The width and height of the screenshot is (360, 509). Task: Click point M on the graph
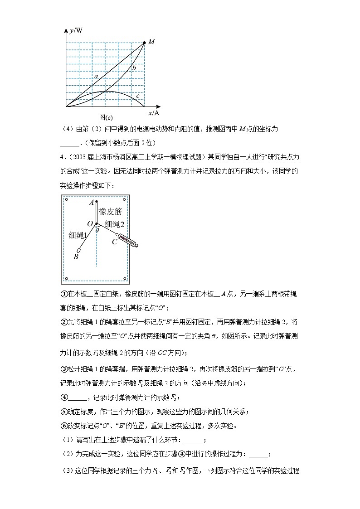(x=144, y=43)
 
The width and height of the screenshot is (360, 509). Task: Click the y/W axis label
(x=76, y=30)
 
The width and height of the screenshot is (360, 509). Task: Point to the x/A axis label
(x=154, y=112)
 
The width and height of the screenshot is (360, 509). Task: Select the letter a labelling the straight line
(x=96, y=77)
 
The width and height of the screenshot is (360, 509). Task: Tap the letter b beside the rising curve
(x=134, y=68)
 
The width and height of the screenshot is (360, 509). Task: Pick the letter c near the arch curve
(x=138, y=96)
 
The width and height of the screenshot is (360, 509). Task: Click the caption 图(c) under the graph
(x=106, y=117)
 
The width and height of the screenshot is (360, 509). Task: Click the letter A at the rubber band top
(x=92, y=203)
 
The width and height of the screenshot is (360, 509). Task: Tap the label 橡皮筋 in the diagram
(x=110, y=212)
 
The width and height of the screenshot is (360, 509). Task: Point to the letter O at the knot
(x=90, y=224)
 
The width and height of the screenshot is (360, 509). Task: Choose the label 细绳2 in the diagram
(x=114, y=223)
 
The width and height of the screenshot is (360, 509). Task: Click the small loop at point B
(x=79, y=250)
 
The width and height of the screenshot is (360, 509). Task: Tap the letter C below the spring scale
(x=114, y=242)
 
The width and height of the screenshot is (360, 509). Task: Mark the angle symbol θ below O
(x=97, y=230)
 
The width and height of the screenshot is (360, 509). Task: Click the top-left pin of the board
(x=67, y=199)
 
